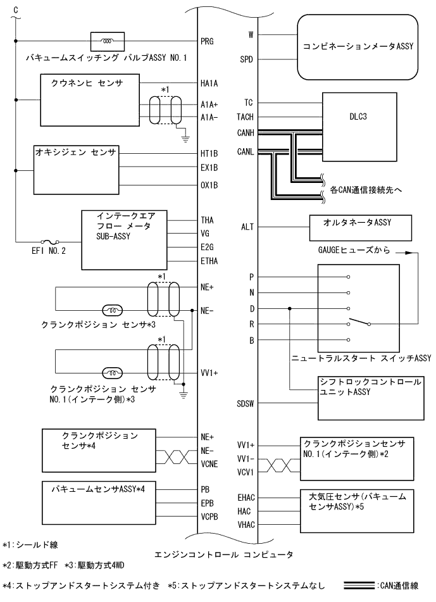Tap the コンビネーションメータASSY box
(x=358, y=46)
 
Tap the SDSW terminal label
(x=245, y=403)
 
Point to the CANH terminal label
(x=245, y=133)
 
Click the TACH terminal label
(x=245, y=118)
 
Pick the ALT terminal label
(x=247, y=227)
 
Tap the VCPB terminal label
(x=209, y=518)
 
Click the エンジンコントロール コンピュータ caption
(x=223, y=555)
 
